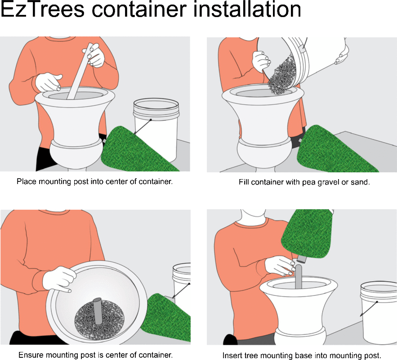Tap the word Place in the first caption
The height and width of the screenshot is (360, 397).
(x=26, y=181)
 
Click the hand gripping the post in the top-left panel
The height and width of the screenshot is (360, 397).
(x=96, y=55)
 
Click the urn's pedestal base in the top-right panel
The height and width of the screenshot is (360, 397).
(x=263, y=153)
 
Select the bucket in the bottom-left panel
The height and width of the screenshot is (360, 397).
(x=182, y=279)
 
